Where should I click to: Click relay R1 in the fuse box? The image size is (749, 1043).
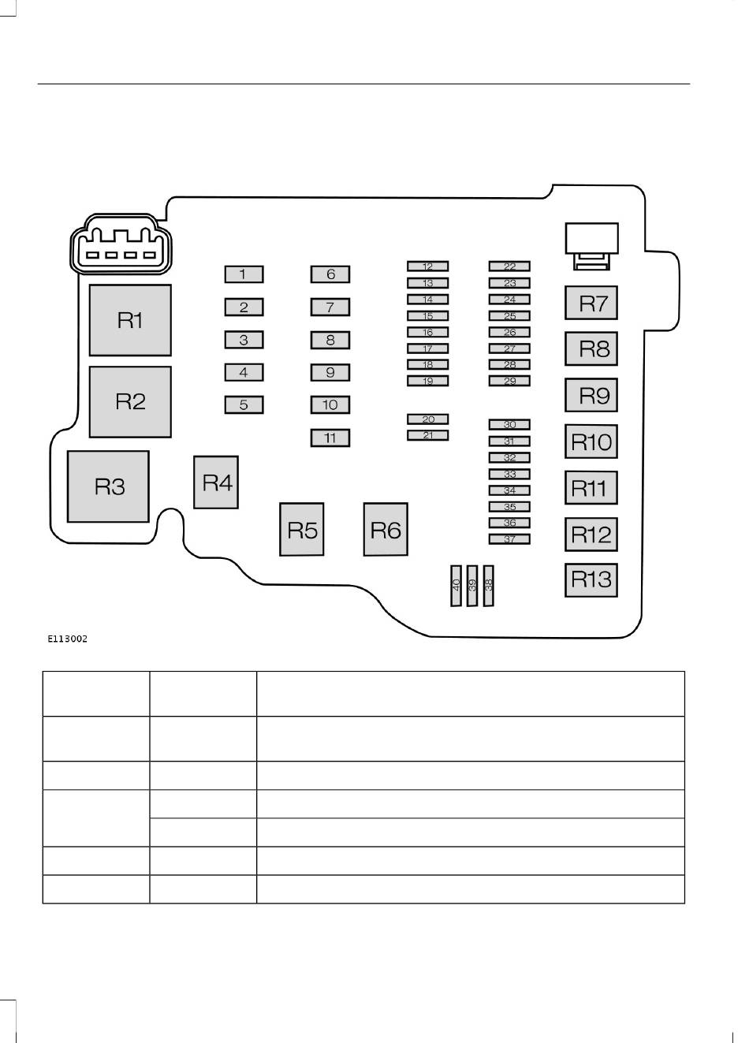[130, 320]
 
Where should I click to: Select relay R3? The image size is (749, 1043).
[108, 486]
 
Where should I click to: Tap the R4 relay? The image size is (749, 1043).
[216, 482]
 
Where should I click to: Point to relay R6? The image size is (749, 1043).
[386, 530]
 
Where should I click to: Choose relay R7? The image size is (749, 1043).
[591, 303]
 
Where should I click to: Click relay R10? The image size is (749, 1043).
[591, 441]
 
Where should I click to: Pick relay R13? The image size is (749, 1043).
[591, 580]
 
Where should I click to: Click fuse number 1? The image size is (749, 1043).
[244, 274]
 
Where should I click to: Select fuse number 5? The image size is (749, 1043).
[244, 404]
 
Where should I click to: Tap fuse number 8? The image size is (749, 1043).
[330, 340]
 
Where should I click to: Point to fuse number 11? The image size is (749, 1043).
[330, 438]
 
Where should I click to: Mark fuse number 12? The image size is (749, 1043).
[428, 266]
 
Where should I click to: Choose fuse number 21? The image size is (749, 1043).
[428, 435]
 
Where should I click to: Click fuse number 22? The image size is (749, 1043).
[509, 266]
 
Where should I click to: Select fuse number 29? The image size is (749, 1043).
[509, 381]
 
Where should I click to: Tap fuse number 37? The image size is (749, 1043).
[509, 539]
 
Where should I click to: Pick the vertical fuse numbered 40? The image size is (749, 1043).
[456, 586]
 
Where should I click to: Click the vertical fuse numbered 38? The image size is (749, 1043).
[489, 586]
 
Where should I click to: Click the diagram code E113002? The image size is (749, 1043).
[68, 639]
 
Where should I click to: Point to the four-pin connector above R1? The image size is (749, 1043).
[121, 244]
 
